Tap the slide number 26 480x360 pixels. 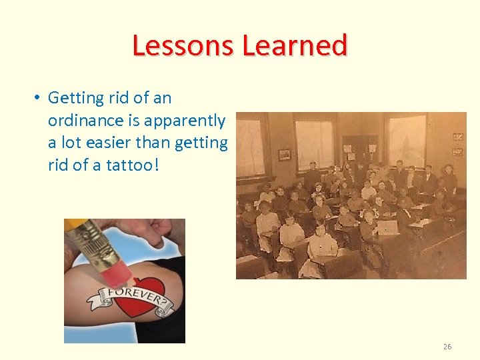447,347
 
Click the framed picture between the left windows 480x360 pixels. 285,154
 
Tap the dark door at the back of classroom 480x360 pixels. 361,149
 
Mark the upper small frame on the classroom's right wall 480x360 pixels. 457,137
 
